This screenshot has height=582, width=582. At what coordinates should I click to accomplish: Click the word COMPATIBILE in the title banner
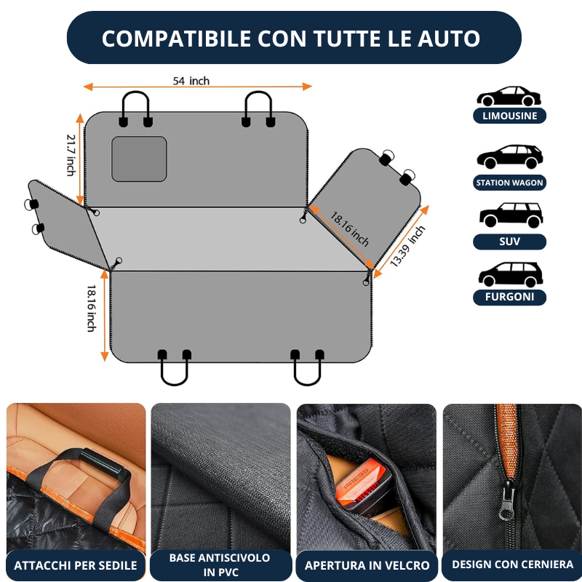(176, 39)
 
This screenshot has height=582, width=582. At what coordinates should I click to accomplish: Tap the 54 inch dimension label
(191, 81)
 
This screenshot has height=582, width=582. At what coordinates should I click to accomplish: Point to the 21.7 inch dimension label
(71, 155)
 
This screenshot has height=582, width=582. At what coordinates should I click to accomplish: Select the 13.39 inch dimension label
(407, 246)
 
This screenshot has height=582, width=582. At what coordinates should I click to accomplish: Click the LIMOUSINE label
(510, 116)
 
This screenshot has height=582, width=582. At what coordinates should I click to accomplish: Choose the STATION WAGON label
(510, 183)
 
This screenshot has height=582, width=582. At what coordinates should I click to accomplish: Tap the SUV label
(510, 242)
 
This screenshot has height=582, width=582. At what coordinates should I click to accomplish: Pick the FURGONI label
(510, 297)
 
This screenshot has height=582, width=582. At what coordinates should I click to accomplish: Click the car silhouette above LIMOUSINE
(509, 96)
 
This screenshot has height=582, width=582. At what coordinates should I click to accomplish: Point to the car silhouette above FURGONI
(511, 274)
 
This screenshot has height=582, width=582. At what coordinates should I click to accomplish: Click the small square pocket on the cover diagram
(139, 159)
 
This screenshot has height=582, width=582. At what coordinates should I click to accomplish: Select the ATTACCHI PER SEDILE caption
(76, 565)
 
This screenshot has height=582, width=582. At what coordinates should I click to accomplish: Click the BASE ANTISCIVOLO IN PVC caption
(220, 565)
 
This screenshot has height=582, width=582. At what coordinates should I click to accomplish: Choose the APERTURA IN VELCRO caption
(367, 565)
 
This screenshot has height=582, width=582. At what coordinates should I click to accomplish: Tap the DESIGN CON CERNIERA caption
(513, 565)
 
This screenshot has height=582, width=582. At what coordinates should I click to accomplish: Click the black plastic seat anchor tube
(102, 463)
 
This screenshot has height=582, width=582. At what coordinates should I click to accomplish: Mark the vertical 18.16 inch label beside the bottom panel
(92, 308)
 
